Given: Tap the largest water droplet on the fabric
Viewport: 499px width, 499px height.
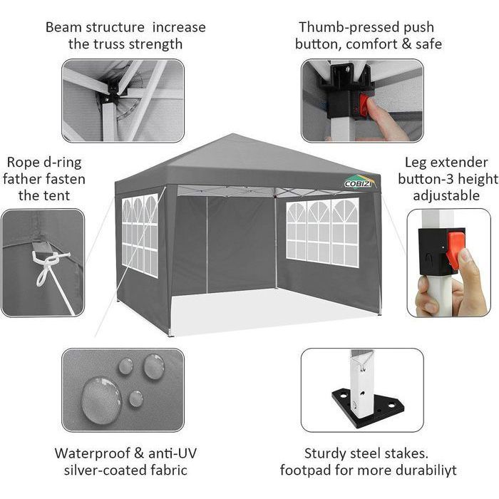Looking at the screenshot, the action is click(101, 401).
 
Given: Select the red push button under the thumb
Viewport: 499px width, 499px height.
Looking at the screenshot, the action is click(363, 107).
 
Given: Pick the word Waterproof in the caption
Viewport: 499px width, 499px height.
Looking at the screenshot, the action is click(92, 453).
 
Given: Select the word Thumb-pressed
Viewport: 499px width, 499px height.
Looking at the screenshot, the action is click(349, 28).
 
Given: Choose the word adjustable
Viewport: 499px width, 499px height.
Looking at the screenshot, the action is click(446, 196).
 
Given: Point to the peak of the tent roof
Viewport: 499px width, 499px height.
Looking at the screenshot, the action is click(232, 134).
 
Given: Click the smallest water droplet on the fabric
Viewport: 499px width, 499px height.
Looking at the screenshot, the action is click(136, 398).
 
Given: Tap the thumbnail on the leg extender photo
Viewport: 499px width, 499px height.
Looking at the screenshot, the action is click(465, 254).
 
